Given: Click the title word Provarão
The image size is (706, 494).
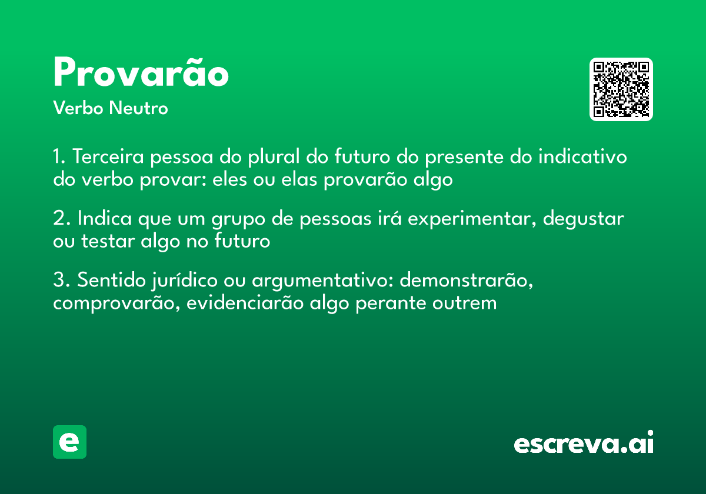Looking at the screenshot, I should (x=141, y=74).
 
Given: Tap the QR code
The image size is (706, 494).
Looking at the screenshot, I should (x=621, y=89).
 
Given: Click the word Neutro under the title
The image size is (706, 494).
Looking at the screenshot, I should (x=138, y=109).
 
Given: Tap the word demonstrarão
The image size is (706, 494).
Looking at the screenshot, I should (x=467, y=281).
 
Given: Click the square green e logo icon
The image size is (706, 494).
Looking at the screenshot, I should (x=69, y=442).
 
